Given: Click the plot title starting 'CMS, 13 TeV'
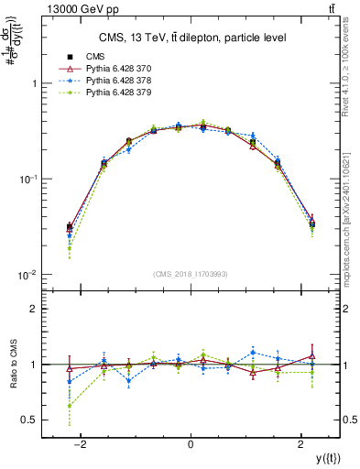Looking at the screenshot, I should coord(190,38).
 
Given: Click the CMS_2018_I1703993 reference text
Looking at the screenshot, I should coord(190,273).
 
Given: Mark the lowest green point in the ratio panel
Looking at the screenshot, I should coord(70,406).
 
